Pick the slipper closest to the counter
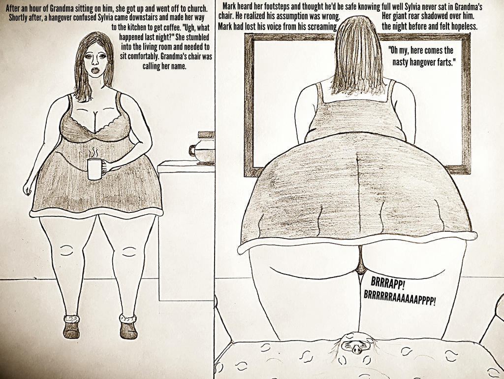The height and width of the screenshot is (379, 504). coord(128,327)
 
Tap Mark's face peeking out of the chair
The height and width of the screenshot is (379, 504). coord(355,344)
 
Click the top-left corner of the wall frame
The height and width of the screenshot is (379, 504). coord(245,34)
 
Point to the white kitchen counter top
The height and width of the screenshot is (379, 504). coord(186,167)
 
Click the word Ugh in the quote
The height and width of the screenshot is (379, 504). coord(189,27)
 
